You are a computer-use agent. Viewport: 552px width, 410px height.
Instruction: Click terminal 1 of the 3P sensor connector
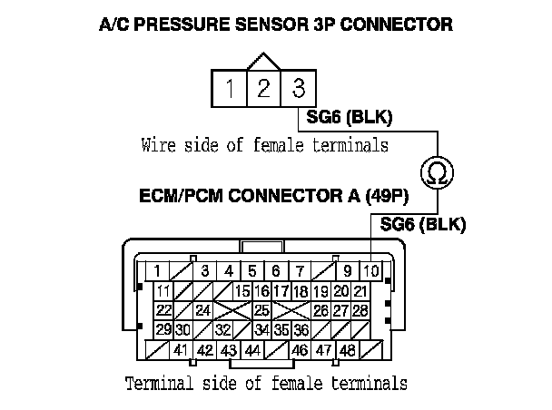[231, 89]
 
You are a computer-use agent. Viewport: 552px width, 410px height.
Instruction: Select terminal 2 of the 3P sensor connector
[263, 89]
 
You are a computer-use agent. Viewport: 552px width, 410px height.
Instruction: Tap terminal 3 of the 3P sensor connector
[298, 89]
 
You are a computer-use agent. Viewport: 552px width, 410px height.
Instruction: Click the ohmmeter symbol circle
[438, 172]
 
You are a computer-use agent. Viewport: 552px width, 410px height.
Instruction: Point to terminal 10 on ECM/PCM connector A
[371, 270]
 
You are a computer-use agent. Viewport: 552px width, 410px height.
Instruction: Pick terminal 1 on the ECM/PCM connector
[157, 270]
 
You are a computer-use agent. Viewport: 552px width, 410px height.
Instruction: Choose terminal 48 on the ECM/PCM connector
[346, 350]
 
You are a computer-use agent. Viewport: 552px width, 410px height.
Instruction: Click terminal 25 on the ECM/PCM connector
[261, 310]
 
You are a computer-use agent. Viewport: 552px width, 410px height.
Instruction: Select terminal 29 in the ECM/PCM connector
[163, 330]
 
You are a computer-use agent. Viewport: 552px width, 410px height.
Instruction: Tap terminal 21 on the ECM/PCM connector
[360, 290]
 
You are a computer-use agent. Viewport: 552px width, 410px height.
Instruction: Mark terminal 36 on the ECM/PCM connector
[301, 330]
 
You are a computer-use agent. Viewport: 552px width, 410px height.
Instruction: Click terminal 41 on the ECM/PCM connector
[181, 350]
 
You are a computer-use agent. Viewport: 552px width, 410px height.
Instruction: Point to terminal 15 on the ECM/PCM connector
[242, 290]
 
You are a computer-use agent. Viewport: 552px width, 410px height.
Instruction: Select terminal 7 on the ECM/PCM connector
[299, 270]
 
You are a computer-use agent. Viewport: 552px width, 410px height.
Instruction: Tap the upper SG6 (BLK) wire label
[350, 118]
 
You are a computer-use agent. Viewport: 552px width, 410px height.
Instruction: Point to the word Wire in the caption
[160, 143]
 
